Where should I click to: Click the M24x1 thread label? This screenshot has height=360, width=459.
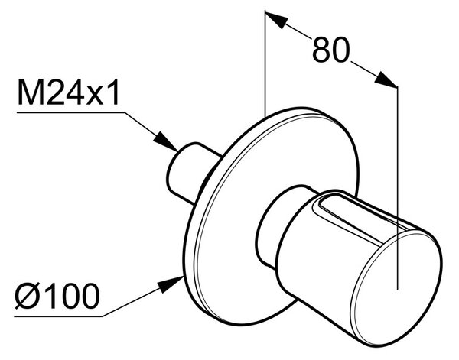coord(69,92)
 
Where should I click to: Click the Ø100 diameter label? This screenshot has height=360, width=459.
coord(57,296)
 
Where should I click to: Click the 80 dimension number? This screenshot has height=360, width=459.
coord(331,50)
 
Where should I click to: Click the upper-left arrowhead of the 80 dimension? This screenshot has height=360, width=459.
coord(276,19)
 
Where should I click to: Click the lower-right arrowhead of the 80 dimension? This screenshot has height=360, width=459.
coord(386,79)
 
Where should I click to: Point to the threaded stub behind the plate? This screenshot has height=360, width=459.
coord(190,173)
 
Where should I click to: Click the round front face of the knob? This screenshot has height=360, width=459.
coord(397,287)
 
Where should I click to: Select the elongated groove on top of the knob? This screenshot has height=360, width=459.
coord(360,219)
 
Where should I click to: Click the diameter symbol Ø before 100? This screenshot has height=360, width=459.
coord(28,296)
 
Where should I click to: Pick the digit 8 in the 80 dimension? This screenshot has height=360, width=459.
coord(321,50)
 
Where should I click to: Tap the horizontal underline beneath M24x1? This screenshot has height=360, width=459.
coord(71,112)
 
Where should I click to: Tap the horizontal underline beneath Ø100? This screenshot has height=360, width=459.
coord(59,316)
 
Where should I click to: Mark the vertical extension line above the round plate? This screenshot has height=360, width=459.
coord(265,63)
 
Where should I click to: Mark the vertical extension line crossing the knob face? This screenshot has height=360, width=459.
coord(397,188)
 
